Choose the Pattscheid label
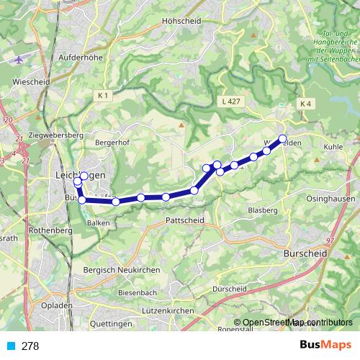pos(185,220)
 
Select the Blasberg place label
pos(261,210)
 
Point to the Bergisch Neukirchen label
pos(122,269)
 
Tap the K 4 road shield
pos(307,104)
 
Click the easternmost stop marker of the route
pos(283,138)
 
